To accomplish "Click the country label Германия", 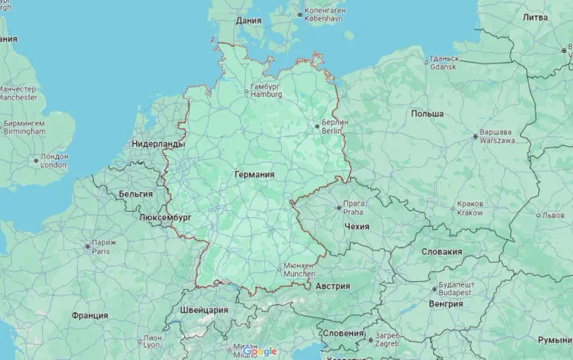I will [254, 174].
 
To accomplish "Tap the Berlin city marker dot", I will [317, 126].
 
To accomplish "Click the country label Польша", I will [427, 113].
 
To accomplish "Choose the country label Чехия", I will [357, 227].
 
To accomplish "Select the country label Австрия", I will [332, 286].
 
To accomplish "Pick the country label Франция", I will [90, 315].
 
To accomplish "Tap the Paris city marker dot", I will [87, 246].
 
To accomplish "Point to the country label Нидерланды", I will [158, 144].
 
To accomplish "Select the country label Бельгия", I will [136, 194].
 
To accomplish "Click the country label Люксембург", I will [166, 217].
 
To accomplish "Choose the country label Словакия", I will [442, 251].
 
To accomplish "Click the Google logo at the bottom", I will [261, 352].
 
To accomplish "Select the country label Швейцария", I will [204, 310].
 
